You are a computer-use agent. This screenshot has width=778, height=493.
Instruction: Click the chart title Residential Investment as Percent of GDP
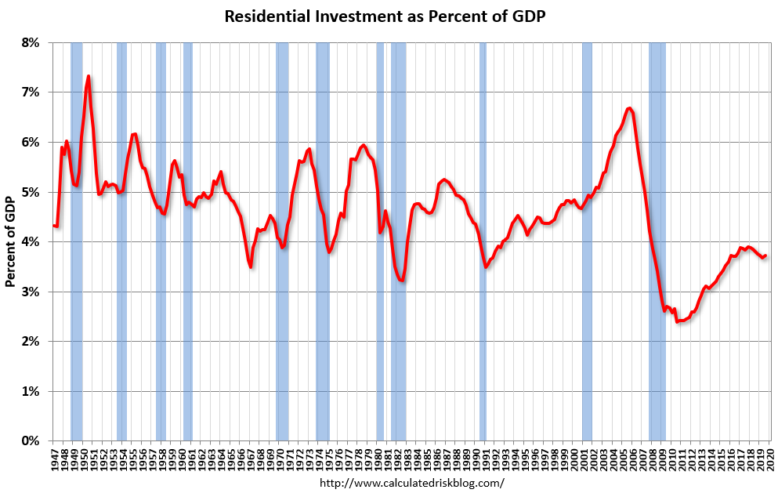pyautogui.click(x=389, y=16)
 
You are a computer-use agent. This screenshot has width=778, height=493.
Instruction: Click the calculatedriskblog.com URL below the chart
pyautogui.click(x=412, y=483)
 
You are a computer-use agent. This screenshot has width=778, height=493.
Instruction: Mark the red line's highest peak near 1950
pyautogui.click(x=89, y=76)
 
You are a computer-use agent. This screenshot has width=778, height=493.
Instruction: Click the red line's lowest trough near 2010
pyautogui.click(x=677, y=321)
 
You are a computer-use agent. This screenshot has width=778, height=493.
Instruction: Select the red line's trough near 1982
pyautogui.click(x=401, y=281)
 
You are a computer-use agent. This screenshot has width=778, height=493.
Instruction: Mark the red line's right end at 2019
pyautogui.click(x=765, y=256)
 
